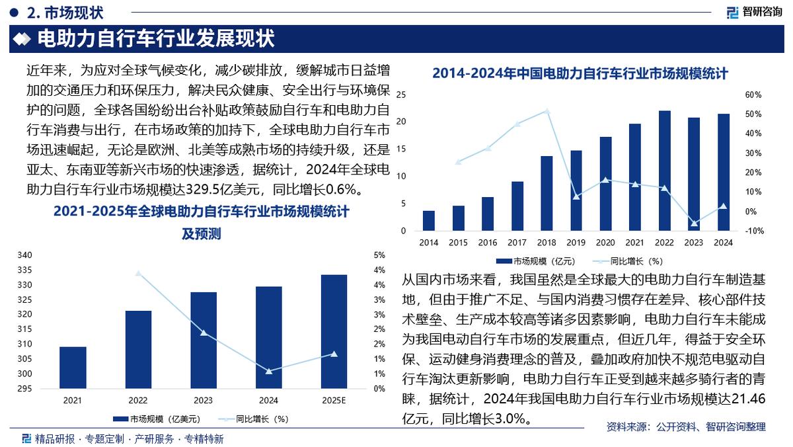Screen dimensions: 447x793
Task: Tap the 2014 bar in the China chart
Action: click(429, 221)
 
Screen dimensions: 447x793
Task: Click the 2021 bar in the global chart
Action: click(73, 368)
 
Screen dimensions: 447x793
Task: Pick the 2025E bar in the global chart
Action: click(334, 332)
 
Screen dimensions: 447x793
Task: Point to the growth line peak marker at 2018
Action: click(547, 111)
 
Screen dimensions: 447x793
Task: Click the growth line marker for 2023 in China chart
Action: click(694, 223)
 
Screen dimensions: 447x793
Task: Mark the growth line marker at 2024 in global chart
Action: click(268, 371)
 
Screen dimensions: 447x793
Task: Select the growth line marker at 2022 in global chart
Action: click(138, 273)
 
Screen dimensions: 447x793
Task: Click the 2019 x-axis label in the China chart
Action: click(576, 243)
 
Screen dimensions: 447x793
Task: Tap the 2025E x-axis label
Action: click(334, 400)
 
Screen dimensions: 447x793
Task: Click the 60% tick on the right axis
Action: click(753, 95)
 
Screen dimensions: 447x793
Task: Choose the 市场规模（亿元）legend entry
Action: click(537, 261)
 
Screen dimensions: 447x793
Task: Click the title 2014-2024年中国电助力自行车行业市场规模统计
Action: click(580, 74)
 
